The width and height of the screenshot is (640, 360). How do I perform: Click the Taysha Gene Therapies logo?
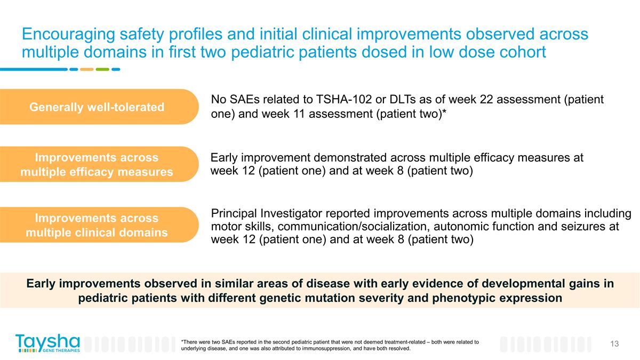[x=47, y=343]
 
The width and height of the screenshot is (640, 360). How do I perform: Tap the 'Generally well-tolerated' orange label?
[x=97, y=107]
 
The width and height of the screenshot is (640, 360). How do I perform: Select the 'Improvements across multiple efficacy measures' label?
[x=97, y=164]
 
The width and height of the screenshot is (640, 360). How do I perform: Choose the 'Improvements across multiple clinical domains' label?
[x=97, y=225]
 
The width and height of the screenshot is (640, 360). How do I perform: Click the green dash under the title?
[x=103, y=69]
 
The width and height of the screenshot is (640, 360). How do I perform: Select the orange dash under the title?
[x=86, y=69]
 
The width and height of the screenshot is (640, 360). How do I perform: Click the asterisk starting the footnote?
[x=182, y=341]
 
